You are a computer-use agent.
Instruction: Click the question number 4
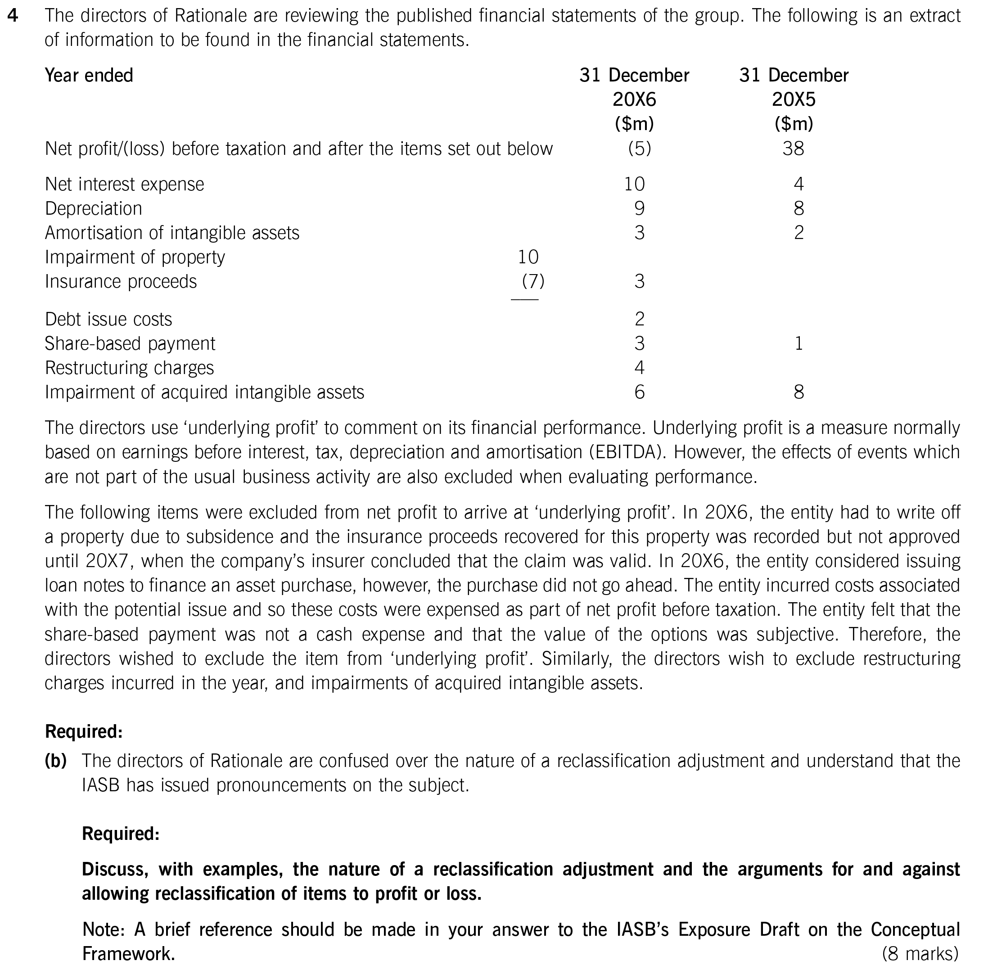[x=13, y=16]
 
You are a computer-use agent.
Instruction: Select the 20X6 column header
[x=634, y=99]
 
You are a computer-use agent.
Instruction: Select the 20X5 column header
[x=793, y=99]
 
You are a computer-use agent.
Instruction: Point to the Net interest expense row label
[x=124, y=184]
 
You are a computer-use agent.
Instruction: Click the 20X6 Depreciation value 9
[x=639, y=208]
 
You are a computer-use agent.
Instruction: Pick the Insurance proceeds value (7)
[x=533, y=281]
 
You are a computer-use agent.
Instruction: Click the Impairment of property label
[x=135, y=257]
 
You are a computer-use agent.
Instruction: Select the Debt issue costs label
[x=108, y=319]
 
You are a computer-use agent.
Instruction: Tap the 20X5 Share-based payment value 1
[x=798, y=343]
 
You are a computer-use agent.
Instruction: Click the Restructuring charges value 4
[x=639, y=368]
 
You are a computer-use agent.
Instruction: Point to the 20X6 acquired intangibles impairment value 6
[x=639, y=392]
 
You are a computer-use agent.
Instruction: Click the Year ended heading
[x=89, y=75]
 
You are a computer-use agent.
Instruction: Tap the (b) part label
[x=56, y=761]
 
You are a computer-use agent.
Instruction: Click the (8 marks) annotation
[x=920, y=954]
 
